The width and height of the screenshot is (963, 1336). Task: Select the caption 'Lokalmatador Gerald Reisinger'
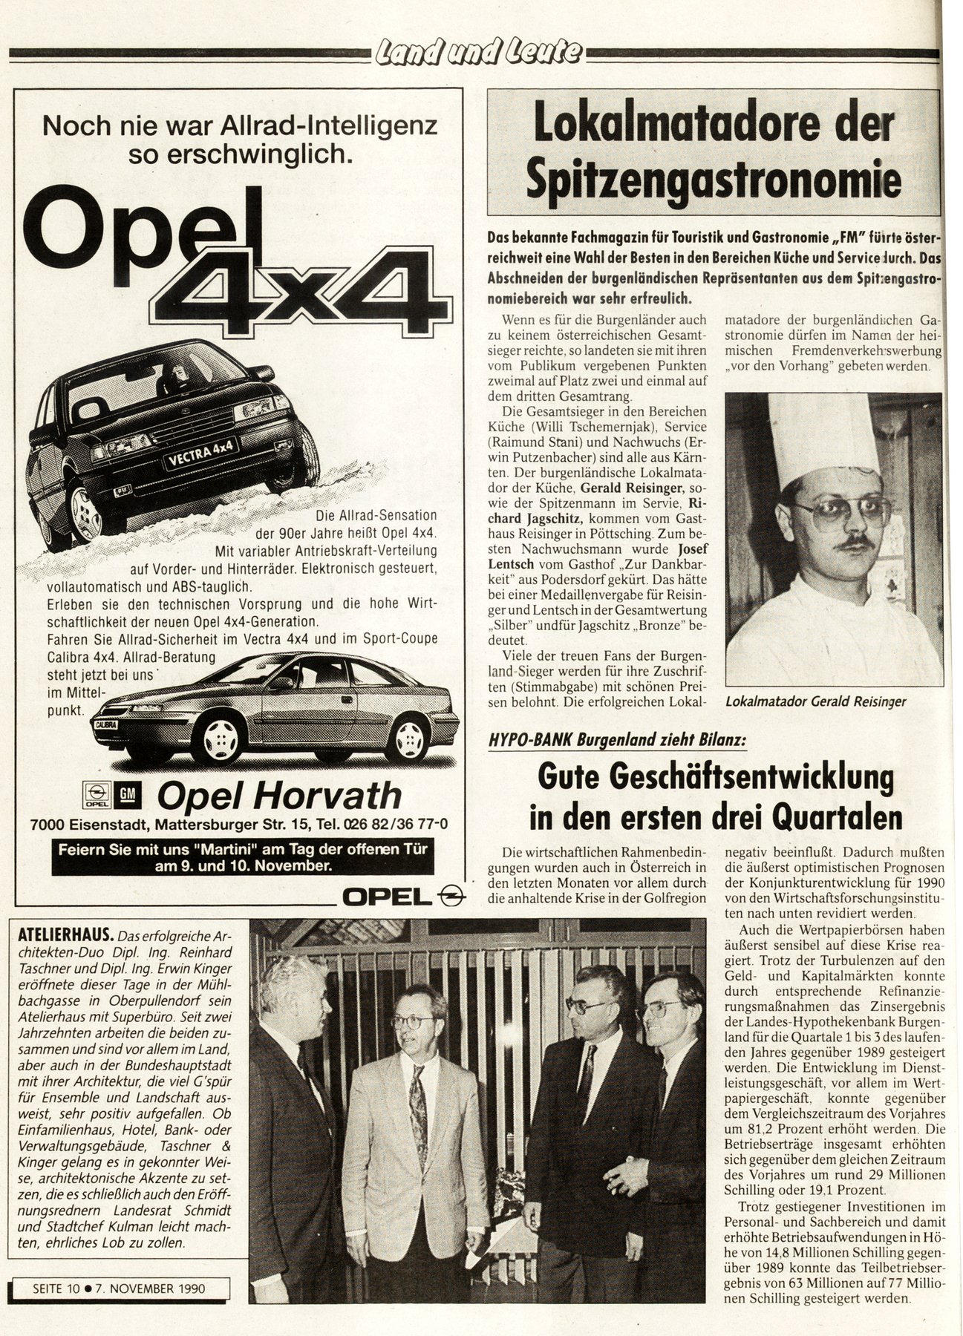(816, 701)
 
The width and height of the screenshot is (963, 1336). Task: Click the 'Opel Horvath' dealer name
(279, 796)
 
